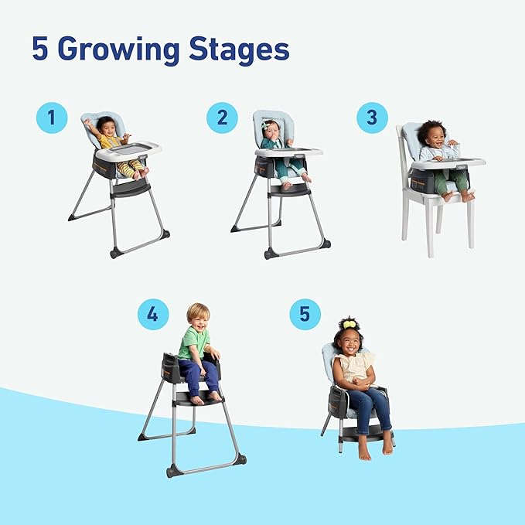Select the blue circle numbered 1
point(52,118)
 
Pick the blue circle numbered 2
point(222,118)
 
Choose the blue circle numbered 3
point(372,118)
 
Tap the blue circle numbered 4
point(153,315)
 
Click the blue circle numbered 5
point(305,315)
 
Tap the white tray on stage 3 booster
point(448,163)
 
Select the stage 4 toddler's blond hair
point(198,310)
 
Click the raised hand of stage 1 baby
point(88,123)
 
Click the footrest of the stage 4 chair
point(198,398)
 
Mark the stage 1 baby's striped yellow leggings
point(130,167)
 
